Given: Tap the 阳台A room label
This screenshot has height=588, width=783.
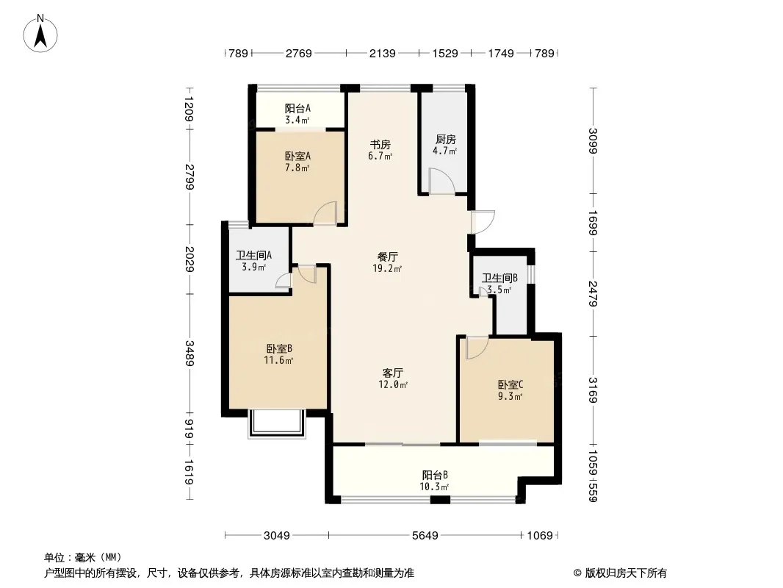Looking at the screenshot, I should (x=297, y=113).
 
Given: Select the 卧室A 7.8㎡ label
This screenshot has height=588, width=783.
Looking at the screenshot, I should (x=297, y=161).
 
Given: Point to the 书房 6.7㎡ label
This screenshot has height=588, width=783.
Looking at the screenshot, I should (x=380, y=150).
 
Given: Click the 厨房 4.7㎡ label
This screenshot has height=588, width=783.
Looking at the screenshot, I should (x=445, y=145).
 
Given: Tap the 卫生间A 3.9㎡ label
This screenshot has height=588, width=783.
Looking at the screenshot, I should (x=254, y=261).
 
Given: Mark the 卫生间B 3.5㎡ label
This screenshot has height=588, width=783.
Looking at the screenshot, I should (x=500, y=284).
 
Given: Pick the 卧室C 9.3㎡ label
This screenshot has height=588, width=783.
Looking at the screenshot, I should (x=510, y=390).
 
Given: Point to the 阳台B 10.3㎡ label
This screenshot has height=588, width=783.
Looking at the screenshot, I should (x=435, y=480).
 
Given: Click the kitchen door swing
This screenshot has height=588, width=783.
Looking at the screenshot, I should (x=442, y=182).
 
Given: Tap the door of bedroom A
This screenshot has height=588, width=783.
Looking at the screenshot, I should (x=325, y=212).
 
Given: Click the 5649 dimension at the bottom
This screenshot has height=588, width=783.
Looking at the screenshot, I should (x=425, y=535).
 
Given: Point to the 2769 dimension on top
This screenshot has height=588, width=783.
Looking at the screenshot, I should (x=299, y=53).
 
